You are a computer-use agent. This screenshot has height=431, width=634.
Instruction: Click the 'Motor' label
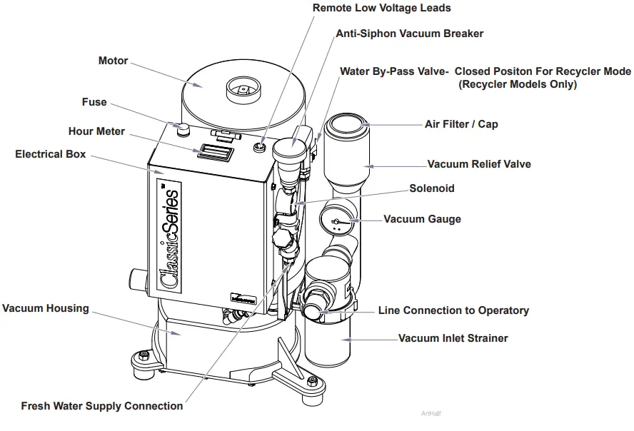pos(113,61)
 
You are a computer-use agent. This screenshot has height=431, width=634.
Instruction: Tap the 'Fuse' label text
pos(94,102)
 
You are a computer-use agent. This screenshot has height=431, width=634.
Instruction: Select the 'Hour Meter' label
pos(96,131)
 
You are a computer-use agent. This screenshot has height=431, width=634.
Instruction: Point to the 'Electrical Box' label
pos(50,154)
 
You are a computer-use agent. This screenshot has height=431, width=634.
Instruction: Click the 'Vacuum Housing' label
pos(45,308)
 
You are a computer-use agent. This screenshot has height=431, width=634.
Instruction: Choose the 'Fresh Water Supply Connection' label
pos(101,406)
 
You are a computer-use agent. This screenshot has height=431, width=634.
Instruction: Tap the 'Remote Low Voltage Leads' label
pos(382,8)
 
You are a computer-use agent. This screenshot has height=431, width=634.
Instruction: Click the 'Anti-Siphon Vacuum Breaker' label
pos(409,34)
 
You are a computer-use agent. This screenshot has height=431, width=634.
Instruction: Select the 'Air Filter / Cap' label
pos(461,124)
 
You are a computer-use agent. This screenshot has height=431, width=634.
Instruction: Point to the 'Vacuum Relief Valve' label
pos(479,164)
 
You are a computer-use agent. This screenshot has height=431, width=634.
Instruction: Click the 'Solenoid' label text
pos(431,188)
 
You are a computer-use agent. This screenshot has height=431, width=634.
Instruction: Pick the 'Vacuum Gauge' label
pos(422,219)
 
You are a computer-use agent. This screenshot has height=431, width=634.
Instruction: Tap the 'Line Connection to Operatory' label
pos(453,310)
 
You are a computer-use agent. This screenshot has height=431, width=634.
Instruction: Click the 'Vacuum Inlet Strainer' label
pos(453,338)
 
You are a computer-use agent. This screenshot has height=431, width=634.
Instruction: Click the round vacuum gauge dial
pos(337,220)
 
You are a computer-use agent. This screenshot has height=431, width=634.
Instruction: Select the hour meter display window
pos(216,151)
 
